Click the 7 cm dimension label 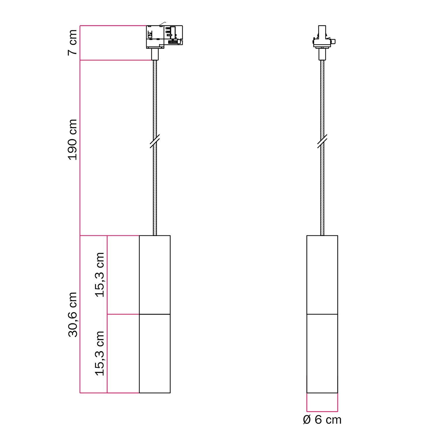click(x=73, y=43)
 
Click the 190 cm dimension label click(x=73, y=140)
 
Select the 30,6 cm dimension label click(x=73, y=315)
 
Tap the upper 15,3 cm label click(x=100, y=275)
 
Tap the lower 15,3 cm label click(x=100, y=353)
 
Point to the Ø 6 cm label click(x=322, y=420)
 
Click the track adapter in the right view click(x=322, y=38)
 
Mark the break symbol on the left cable click(x=155, y=141)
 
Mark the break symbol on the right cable click(x=322, y=141)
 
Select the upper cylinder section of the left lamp click(x=155, y=275)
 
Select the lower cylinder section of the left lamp click(x=155, y=353)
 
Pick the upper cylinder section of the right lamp click(x=322, y=275)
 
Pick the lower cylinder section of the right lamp click(x=322, y=353)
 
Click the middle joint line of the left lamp click(x=155, y=314)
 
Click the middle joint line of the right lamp click(x=322, y=314)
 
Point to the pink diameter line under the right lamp click(x=322, y=411)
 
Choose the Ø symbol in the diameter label click(x=307, y=420)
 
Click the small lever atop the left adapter click(x=163, y=23)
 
